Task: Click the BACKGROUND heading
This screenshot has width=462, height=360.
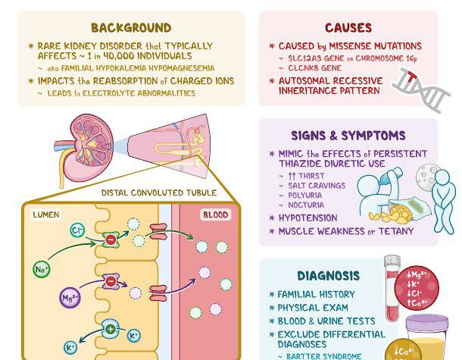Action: pyautogui.click(x=131, y=28)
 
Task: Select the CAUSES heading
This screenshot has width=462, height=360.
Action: pyautogui.click(x=348, y=28)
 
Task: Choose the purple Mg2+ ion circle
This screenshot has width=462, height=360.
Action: pyautogui.click(x=70, y=296)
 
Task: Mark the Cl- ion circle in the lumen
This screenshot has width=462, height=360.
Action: pyautogui.click(x=76, y=230)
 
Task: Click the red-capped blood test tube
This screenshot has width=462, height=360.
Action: pyautogui.click(x=392, y=288)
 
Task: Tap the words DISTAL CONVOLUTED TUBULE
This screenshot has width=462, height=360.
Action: pyautogui.click(x=159, y=193)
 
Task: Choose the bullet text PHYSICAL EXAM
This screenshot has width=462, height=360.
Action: pyautogui.click(x=313, y=308)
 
